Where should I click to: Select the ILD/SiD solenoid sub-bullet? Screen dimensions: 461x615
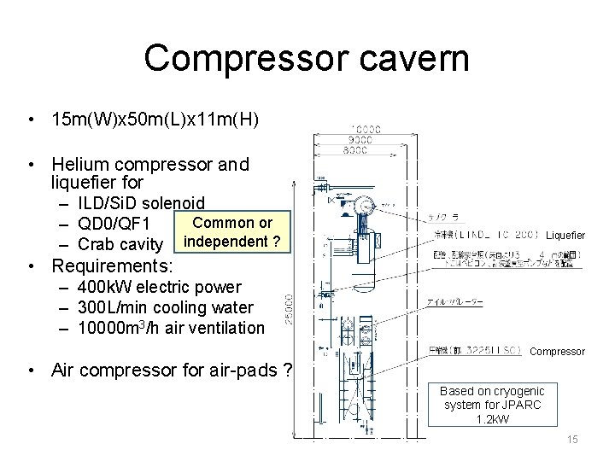click(141, 203)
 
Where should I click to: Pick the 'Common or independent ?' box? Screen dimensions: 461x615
click(232, 232)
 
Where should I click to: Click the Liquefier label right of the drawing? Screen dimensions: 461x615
click(565, 235)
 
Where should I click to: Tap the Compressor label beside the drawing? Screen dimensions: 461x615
click(558, 351)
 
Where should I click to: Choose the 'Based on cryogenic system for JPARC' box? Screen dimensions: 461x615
click(491, 405)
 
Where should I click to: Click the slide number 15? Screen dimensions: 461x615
click(572, 439)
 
